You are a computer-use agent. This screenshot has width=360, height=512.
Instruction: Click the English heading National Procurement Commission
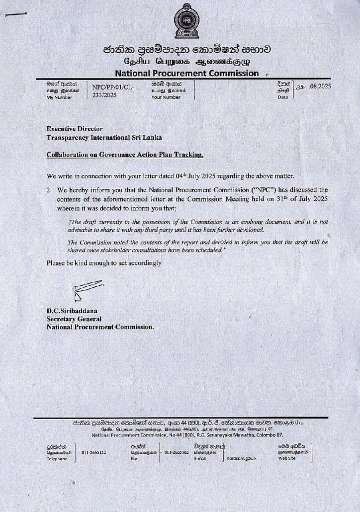tap(187, 73)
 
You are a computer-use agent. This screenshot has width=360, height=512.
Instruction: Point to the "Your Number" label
tap(166, 97)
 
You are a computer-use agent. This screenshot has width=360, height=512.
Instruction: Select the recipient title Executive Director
tap(75, 129)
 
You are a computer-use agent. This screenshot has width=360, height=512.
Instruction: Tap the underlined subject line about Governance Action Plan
tap(125, 155)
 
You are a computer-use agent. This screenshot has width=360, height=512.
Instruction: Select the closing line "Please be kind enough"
tap(104, 262)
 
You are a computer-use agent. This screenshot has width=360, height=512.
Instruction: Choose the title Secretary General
tap(74, 319)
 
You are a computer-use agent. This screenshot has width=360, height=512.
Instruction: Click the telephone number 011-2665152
tap(94, 453)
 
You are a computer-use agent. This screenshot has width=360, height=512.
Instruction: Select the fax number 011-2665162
tap(177, 452)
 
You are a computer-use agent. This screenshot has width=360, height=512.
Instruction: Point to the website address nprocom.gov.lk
tap(242, 458)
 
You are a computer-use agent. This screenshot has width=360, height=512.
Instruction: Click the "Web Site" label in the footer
tap(287, 458)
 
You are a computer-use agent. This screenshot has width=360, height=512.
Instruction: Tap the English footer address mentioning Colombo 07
tap(195, 435)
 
